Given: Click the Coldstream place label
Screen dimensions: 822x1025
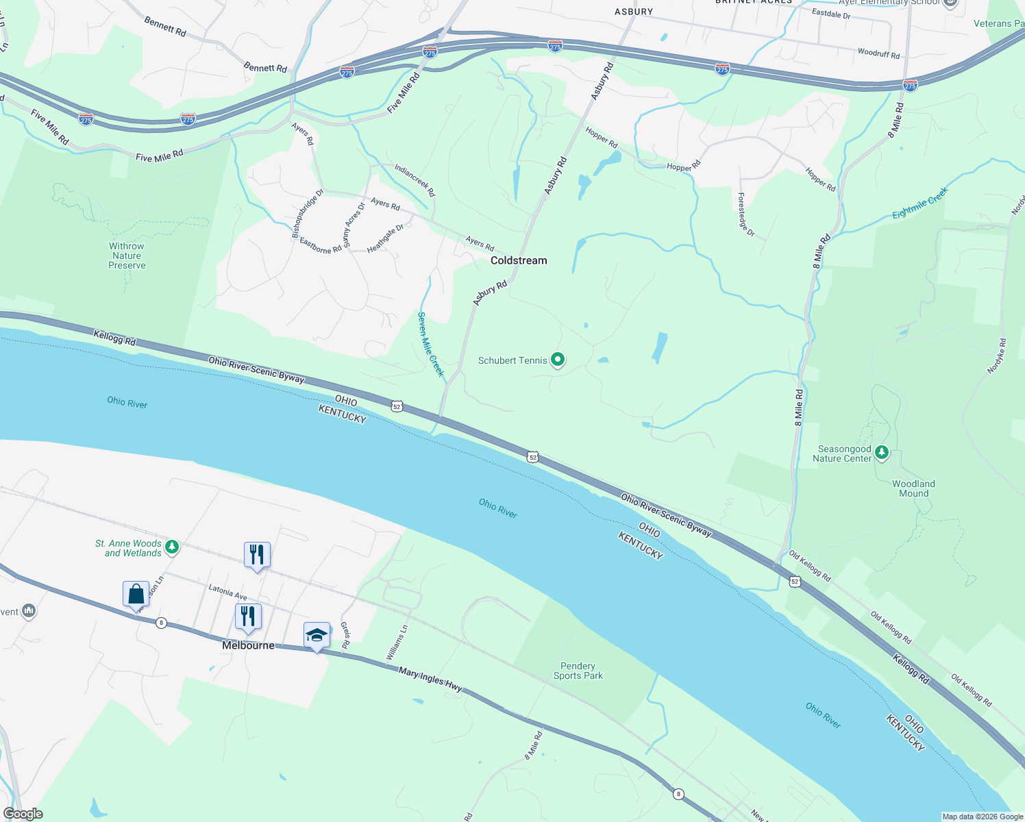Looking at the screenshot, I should [x=519, y=260].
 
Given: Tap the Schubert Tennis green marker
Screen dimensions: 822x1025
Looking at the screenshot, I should [x=558, y=360].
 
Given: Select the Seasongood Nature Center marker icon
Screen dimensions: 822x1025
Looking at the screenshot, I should [x=882, y=453].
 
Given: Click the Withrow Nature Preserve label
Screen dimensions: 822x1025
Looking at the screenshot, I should [x=127, y=256].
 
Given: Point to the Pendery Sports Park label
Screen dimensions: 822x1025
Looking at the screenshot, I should [x=578, y=671].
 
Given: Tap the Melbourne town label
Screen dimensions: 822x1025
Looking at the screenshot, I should [x=248, y=645].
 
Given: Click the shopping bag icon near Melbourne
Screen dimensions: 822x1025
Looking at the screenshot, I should [x=136, y=594].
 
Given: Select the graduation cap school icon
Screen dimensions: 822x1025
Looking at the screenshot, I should [x=317, y=636].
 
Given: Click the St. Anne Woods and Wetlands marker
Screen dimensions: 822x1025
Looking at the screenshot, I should [x=172, y=547].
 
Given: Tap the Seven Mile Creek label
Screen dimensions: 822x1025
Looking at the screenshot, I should [x=431, y=345].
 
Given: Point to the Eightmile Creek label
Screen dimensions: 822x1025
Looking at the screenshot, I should [x=919, y=203].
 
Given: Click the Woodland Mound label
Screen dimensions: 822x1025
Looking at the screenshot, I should [x=913, y=488].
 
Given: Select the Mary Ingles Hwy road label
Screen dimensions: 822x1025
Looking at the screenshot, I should [x=430, y=680].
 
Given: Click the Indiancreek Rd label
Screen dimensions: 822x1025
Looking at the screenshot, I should [x=415, y=181].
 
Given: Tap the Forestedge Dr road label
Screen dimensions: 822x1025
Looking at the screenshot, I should [x=745, y=214].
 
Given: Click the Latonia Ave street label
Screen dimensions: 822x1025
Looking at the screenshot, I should [x=227, y=592].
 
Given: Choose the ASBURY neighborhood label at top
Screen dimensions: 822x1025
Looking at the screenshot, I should [x=633, y=12].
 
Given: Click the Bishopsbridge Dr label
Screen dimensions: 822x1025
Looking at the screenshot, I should [x=308, y=214].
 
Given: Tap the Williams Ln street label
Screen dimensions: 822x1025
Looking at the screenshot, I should [x=397, y=643].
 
